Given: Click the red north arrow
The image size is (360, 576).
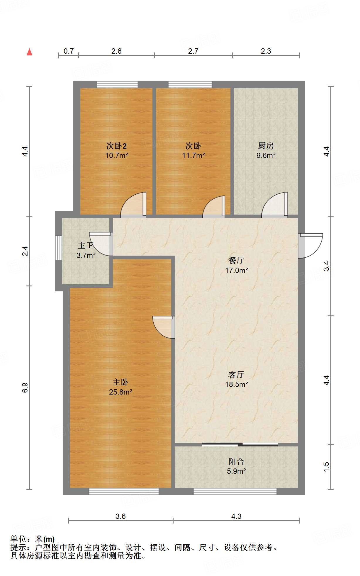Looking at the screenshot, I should pyautogui.click(x=29, y=52).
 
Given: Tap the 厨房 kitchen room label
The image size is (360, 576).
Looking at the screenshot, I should pyautogui.click(x=266, y=145).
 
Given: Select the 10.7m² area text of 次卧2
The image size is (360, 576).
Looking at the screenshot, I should pyautogui.click(x=116, y=155).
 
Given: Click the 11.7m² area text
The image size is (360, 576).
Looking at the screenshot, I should pyautogui.click(x=193, y=155).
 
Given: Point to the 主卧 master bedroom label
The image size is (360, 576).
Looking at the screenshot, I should pyautogui.click(x=120, y=382).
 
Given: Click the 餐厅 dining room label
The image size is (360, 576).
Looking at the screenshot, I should pyautogui.click(x=236, y=260).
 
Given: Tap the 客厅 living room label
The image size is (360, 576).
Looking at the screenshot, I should pyautogui.click(x=236, y=374).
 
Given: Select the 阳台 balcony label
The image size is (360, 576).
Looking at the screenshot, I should pyautogui.click(x=236, y=462).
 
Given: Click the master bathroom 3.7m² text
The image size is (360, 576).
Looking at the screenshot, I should pyautogui.click(x=86, y=255).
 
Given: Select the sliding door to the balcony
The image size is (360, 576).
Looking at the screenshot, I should pyautogui.click(x=240, y=444).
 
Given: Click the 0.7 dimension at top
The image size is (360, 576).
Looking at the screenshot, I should pyautogui.click(x=69, y=51).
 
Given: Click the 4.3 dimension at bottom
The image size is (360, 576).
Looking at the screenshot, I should pyautogui.click(x=236, y=516).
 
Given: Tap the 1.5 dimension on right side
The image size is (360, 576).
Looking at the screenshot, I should pyautogui.click(x=327, y=467).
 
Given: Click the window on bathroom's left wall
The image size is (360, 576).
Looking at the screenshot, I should pyautogui.click(x=59, y=247).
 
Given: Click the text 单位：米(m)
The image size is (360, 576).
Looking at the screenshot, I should pyautogui.click(x=33, y=539).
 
